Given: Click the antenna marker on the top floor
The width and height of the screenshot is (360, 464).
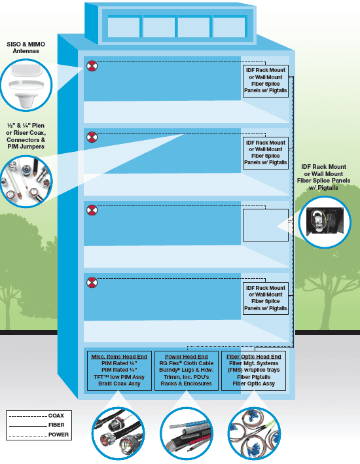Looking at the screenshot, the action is (92, 65).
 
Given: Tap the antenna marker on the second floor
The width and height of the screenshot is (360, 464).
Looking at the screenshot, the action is (92, 137).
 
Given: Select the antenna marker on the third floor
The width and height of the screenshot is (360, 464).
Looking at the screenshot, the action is (92, 210).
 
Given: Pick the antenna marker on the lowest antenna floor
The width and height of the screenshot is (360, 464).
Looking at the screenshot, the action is (92, 282).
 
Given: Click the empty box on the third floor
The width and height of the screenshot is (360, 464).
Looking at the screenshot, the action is (266, 225).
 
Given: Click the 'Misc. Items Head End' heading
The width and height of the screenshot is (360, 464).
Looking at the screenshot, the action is (119, 357).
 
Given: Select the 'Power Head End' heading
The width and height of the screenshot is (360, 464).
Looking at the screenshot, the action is (186, 357).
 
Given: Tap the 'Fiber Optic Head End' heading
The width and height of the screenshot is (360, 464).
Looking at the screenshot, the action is (254, 357).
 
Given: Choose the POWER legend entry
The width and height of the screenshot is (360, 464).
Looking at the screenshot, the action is (39, 435).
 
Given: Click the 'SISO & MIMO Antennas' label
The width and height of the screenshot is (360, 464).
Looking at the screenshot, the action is (26, 48).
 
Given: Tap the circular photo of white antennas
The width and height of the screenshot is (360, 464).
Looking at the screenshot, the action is (26, 85).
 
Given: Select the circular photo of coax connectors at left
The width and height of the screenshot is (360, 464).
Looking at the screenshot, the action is (26, 181).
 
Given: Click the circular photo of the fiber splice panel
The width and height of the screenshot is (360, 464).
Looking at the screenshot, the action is (325, 222).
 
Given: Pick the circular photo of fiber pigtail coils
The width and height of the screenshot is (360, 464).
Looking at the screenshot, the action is (255, 433).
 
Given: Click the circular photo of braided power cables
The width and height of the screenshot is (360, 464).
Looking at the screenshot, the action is (186, 433).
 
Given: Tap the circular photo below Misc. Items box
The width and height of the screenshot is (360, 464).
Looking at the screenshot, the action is (118, 433).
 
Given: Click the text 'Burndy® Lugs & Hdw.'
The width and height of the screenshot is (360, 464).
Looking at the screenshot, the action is (186, 370).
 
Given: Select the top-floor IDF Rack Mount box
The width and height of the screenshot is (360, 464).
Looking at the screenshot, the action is (266, 81).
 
